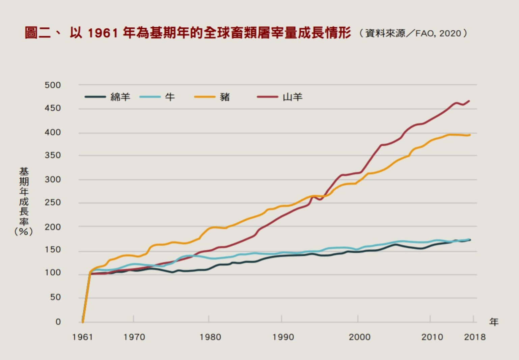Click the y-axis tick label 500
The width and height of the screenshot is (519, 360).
(53, 85)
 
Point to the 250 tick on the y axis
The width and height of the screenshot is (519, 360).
(53, 202)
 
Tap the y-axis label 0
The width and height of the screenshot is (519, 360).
(58, 322)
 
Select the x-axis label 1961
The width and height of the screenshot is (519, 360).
(82, 337)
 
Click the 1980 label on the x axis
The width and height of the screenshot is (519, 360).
(210, 337)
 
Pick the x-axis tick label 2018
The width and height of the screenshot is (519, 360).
(474, 337)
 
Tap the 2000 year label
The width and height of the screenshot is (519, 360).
(359, 337)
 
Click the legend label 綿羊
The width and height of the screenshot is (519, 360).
(120, 97)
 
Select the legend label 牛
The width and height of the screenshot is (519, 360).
(170, 97)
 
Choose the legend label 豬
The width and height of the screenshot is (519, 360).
(225, 97)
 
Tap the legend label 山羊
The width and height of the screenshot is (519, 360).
(292, 97)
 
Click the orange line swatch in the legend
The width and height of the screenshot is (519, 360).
(204, 97)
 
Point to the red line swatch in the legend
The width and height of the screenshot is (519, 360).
(267, 97)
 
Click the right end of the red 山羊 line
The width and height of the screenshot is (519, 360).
(469, 101)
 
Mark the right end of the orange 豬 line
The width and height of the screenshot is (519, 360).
(470, 135)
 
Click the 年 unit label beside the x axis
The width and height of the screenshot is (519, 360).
(494, 322)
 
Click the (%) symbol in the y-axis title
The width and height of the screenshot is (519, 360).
(24, 232)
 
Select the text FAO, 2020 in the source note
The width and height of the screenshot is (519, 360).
(438, 33)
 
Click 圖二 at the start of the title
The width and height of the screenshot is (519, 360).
(37, 33)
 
